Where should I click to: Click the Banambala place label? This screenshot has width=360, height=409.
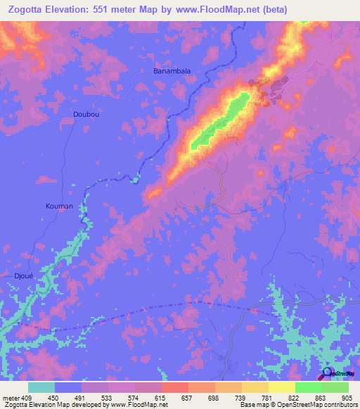(172, 71)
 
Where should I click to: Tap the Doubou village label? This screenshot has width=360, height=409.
(86, 114)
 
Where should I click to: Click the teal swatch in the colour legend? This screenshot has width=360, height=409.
(41, 387)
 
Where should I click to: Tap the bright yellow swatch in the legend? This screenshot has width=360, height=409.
(282, 387)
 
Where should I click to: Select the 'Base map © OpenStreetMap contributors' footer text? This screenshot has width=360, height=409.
(298, 405)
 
